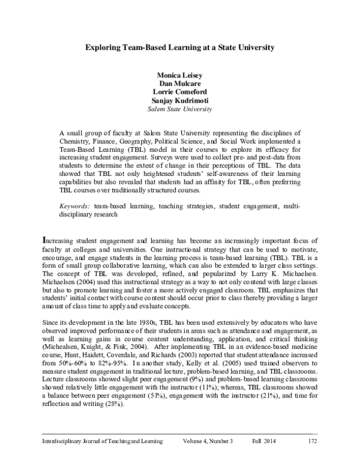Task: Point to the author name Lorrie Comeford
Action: click(x=180, y=93)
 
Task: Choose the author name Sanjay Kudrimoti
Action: click(x=180, y=101)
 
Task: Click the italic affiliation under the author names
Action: click(x=180, y=110)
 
